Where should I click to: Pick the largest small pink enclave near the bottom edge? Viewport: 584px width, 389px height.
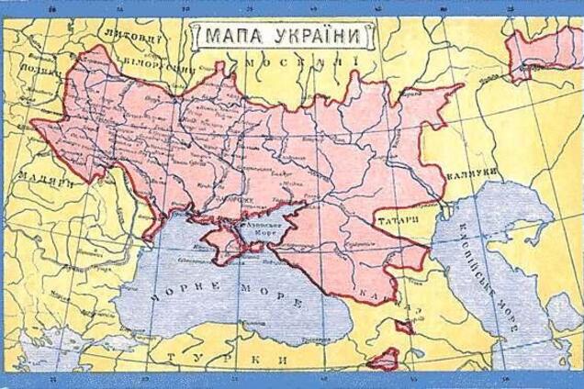(381, 360)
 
